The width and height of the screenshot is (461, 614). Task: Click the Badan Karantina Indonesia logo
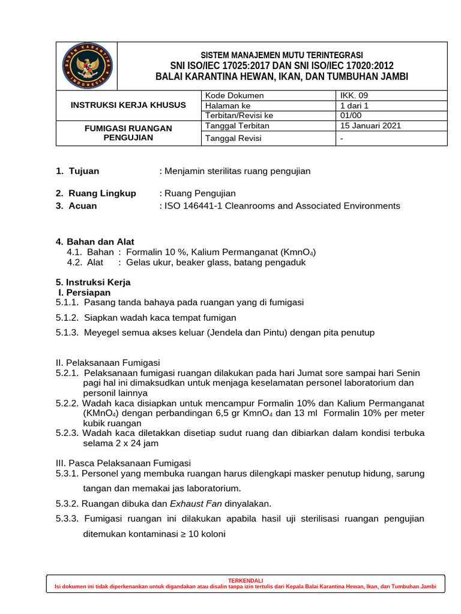(86, 66)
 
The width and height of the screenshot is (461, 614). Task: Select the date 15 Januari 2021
(370, 125)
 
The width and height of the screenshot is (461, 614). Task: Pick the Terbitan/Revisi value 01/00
(351, 115)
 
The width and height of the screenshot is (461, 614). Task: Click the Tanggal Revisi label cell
(234, 139)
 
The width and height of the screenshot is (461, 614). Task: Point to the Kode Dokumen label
(234, 95)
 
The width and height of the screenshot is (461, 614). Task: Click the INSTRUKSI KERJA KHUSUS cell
(128, 105)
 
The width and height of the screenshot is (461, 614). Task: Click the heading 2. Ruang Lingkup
(96, 193)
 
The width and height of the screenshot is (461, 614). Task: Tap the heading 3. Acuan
(76, 206)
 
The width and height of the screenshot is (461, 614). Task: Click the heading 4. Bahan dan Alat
(95, 241)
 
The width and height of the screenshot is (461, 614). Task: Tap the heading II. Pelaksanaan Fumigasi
(108, 363)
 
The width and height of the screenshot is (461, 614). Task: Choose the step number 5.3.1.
(67, 473)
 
